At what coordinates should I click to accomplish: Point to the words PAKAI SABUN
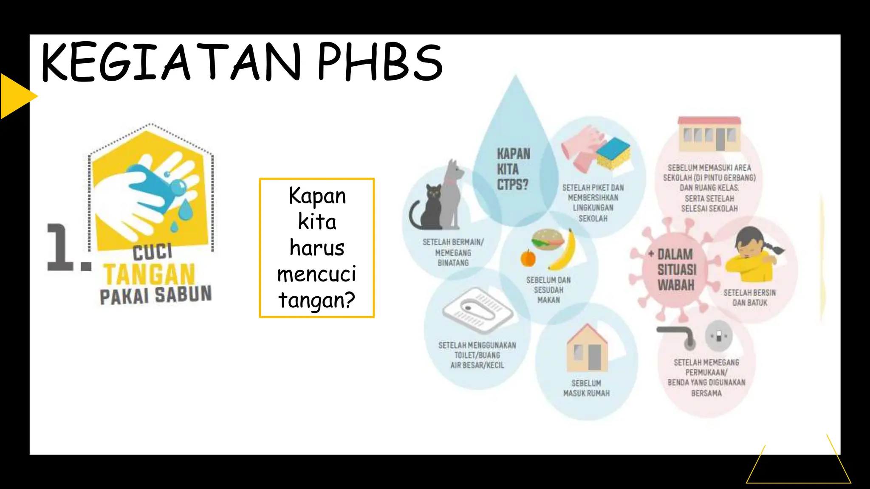pos(155,295)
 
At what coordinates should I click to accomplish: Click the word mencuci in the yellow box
pos(316,274)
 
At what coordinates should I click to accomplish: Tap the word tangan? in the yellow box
pos(316,300)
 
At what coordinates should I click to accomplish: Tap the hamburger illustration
pos(548,240)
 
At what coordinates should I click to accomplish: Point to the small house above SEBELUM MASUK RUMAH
pos(588,348)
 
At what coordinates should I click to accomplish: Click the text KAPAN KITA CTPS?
pos(513,169)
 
